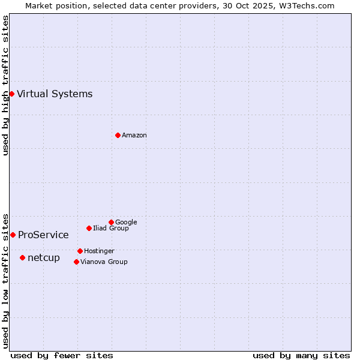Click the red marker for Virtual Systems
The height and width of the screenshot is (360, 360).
[11, 94]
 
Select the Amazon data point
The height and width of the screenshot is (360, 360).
[118, 135]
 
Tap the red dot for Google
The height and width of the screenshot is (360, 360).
[111, 222]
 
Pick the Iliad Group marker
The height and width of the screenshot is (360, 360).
[89, 228]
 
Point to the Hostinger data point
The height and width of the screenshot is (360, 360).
[80, 251]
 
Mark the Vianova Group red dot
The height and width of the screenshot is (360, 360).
[76, 262]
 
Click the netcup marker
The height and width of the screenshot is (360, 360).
[22, 257]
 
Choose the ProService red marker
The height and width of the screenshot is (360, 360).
[13, 235]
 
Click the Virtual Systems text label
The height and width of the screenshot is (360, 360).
[55, 94]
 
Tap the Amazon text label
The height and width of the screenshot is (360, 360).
[134, 135]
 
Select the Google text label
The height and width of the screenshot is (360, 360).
[126, 222]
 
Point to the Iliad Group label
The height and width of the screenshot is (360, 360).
[111, 228]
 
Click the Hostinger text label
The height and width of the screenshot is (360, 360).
[99, 251]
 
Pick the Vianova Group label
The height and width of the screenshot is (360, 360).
[104, 262]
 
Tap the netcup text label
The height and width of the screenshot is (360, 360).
[44, 257]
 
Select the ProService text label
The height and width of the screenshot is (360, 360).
[43, 235]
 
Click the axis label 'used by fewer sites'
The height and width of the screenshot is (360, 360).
[62, 355]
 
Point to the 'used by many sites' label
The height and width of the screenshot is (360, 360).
[301, 355]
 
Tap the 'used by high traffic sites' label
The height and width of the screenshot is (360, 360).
[5, 85]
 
